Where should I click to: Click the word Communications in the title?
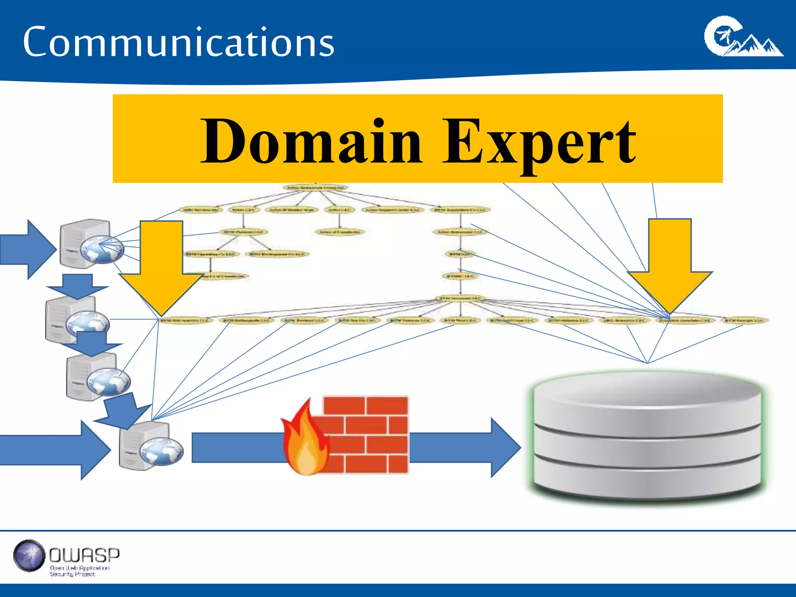pos(178,42)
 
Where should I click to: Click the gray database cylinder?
pos(647,435)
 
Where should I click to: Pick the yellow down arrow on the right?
pos(670,264)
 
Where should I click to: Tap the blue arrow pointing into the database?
pos(466,447)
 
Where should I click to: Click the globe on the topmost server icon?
pos(102,249)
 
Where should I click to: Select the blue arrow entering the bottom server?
pos(54,450)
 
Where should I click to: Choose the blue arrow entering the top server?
pos(27,249)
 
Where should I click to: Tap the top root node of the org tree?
pos(315,187)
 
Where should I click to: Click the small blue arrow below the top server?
pos(77,286)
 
